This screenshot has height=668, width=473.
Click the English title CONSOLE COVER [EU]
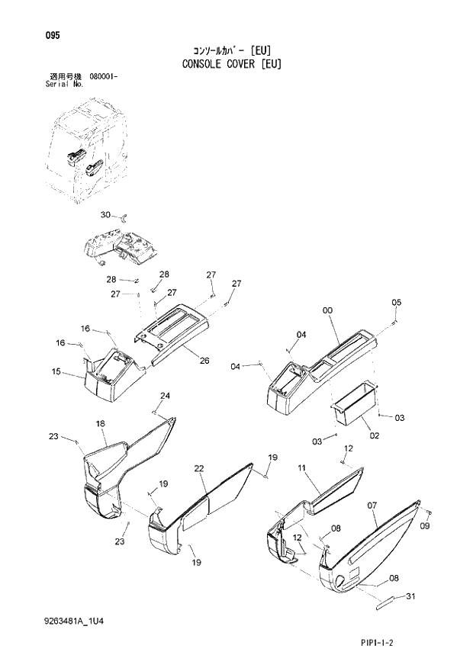coord(231,63)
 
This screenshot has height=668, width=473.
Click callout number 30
coord(106,214)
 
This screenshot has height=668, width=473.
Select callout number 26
coord(204,361)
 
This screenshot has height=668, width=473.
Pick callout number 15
coord(56,371)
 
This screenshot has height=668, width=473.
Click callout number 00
coord(327,310)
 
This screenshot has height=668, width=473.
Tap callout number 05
coord(396,303)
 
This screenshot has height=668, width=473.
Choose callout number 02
coord(375,435)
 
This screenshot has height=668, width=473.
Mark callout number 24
coord(165,395)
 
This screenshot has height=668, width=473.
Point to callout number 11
coord(302,467)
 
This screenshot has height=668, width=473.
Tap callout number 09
coord(425,526)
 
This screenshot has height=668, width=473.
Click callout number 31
coord(410,596)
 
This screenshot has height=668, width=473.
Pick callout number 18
coord(100,423)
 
